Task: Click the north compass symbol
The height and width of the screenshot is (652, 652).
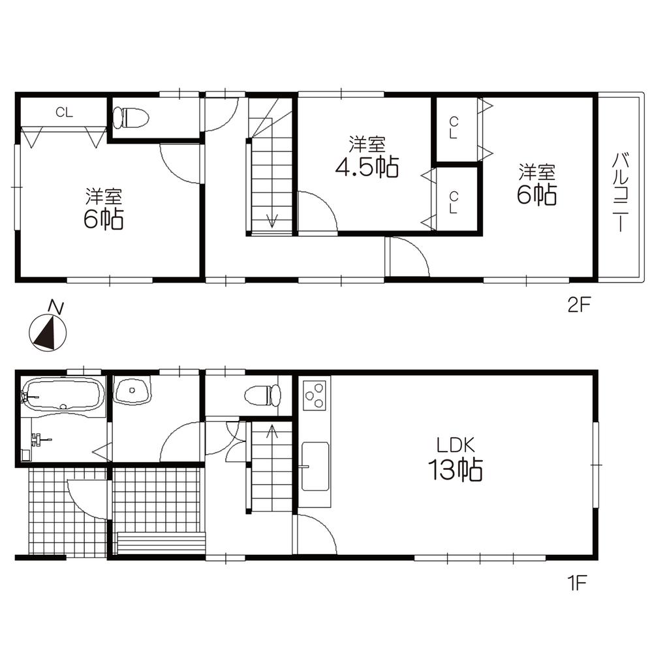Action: [x=48, y=332]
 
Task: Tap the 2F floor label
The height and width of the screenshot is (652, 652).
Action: [x=578, y=305]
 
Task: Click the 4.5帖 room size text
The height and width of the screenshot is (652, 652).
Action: [x=367, y=168]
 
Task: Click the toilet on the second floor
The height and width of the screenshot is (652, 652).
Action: [x=131, y=118]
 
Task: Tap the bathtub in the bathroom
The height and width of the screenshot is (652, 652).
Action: [x=63, y=394]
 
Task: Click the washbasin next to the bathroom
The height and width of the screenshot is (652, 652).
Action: [x=132, y=390]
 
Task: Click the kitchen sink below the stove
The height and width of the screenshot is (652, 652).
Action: [x=315, y=466]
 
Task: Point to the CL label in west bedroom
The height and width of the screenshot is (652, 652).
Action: [x=64, y=112]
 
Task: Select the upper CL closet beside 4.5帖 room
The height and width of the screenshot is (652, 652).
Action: [x=454, y=128]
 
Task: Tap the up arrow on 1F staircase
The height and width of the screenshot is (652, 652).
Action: [x=272, y=431]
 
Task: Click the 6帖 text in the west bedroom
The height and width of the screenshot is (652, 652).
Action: [x=103, y=219]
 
